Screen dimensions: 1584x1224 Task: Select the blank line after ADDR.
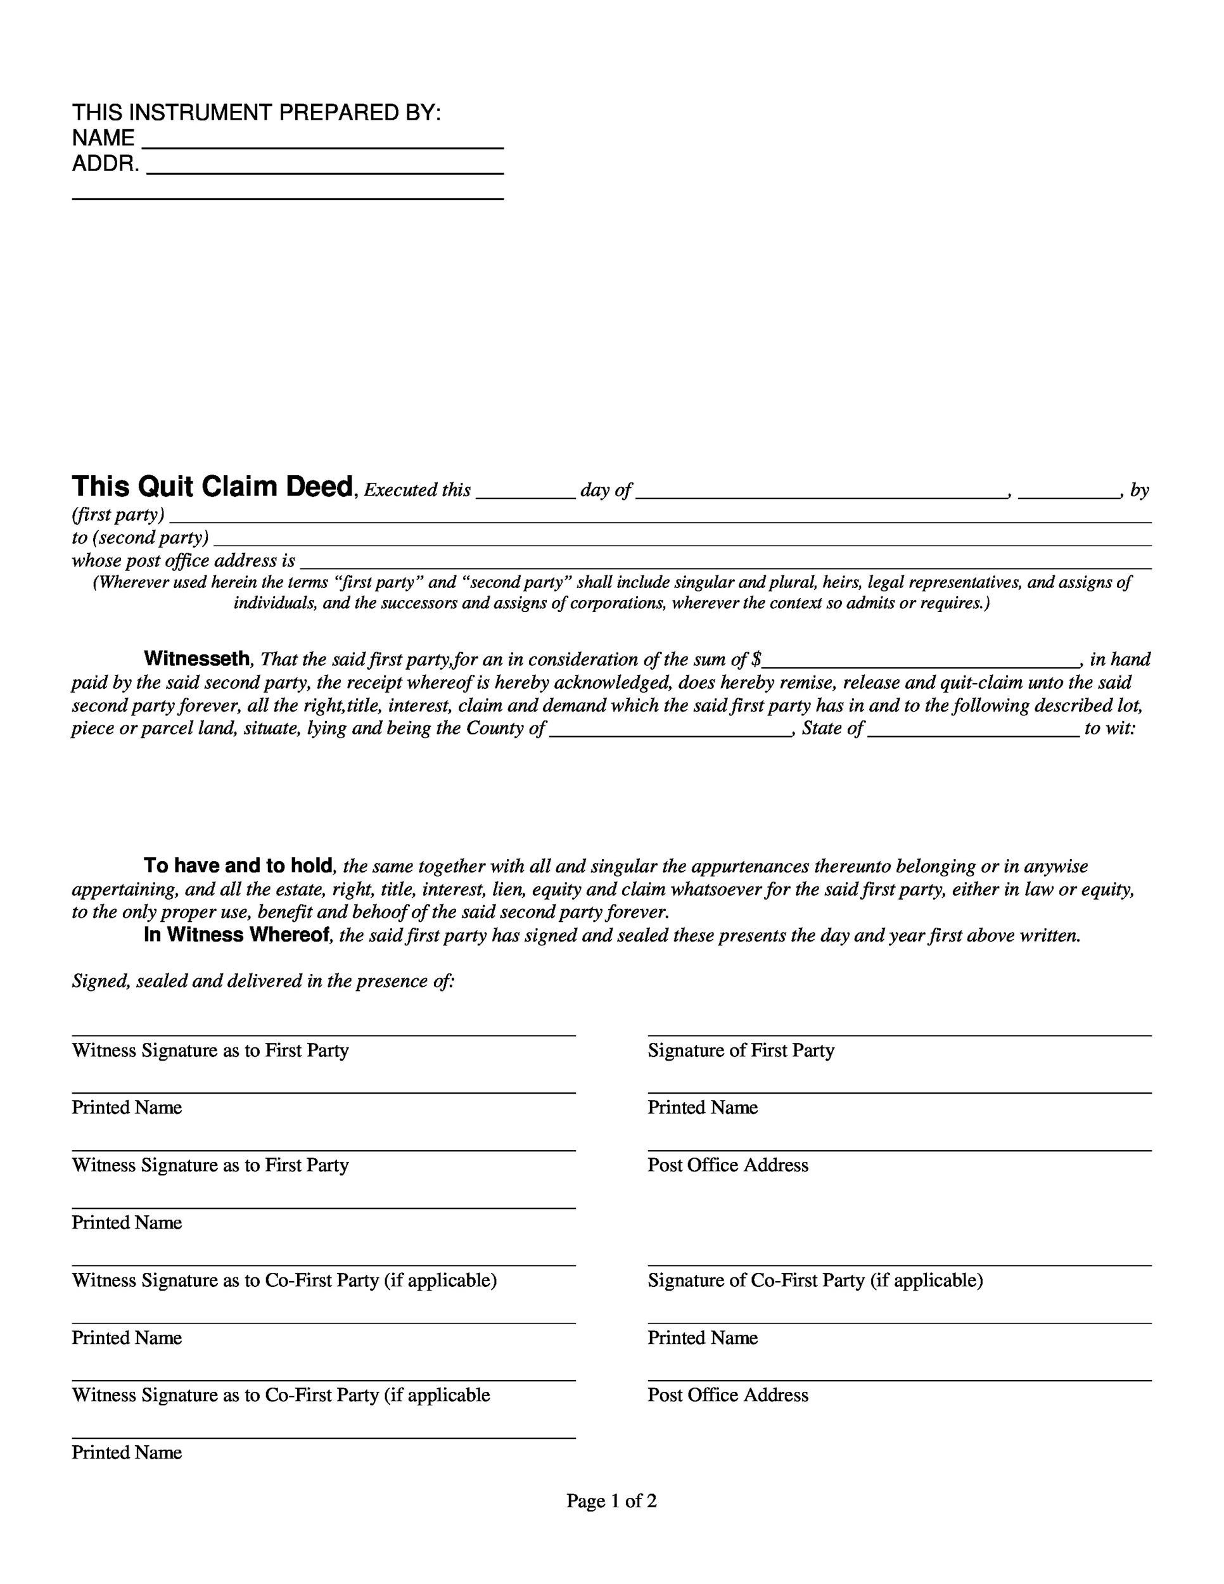click(x=324, y=167)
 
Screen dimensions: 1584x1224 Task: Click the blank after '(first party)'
click(x=660, y=516)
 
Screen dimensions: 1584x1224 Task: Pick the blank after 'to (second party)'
click(x=682, y=539)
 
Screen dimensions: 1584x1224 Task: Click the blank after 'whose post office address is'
click(x=725, y=562)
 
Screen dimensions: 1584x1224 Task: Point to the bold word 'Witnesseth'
click(x=196, y=658)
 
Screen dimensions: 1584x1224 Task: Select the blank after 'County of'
click(x=670, y=730)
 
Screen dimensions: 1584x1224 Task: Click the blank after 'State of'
click(x=973, y=730)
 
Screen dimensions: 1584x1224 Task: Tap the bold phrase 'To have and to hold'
click(x=238, y=865)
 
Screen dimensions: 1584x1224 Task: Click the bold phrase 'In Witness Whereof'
click(x=237, y=935)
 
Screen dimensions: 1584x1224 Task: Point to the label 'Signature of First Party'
click(x=741, y=1051)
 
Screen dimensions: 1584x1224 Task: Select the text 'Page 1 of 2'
click(x=611, y=1500)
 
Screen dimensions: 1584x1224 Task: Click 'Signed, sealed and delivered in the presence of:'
click(x=263, y=981)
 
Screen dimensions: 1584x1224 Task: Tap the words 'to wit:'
click(x=1109, y=728)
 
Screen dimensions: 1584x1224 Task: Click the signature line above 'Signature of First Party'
click(x=899, y=1035)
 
